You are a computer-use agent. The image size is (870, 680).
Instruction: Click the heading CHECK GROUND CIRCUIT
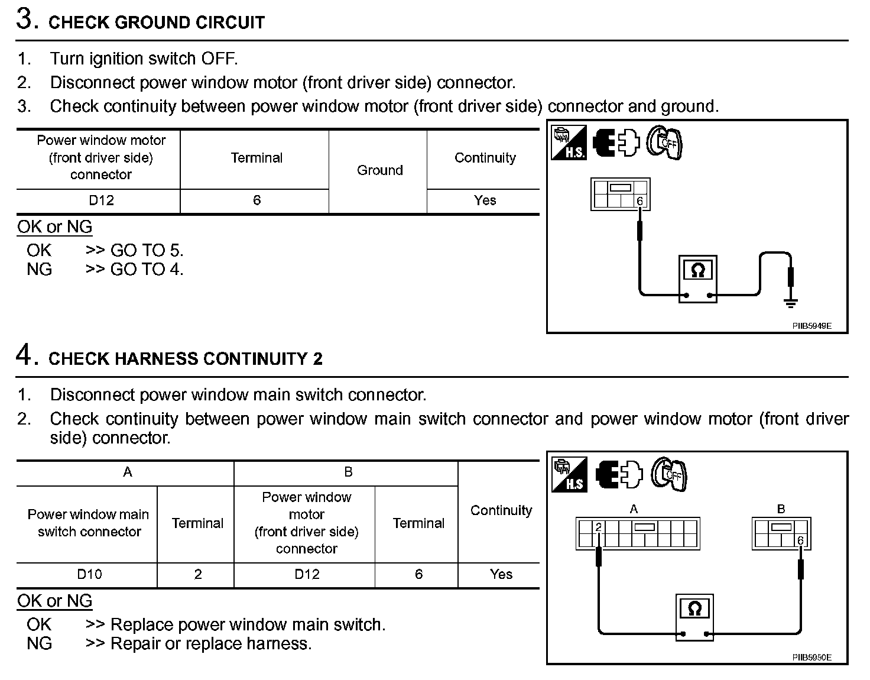156,22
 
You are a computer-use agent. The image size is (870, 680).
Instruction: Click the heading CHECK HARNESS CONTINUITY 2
185,359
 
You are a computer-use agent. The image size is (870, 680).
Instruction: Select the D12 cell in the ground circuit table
100,200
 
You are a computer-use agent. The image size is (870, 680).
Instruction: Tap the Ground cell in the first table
379,170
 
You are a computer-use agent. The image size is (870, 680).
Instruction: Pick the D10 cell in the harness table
89,574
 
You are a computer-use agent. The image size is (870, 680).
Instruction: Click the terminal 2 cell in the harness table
197,574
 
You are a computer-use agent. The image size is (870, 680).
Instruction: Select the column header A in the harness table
127,472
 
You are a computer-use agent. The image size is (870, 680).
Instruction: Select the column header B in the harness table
348,472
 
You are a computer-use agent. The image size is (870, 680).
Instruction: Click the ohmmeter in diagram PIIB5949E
697,279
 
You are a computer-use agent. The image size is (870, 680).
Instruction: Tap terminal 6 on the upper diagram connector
639,202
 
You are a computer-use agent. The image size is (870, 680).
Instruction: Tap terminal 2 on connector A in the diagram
598,527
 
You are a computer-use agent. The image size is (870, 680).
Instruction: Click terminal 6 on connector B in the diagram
800,540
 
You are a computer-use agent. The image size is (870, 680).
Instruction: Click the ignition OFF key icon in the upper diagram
665,143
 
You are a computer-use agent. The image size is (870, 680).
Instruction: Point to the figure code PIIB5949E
811,326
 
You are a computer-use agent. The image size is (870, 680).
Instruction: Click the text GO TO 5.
147,250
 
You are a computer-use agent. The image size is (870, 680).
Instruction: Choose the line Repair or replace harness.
210,643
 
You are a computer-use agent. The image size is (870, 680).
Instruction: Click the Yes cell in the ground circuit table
485,200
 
